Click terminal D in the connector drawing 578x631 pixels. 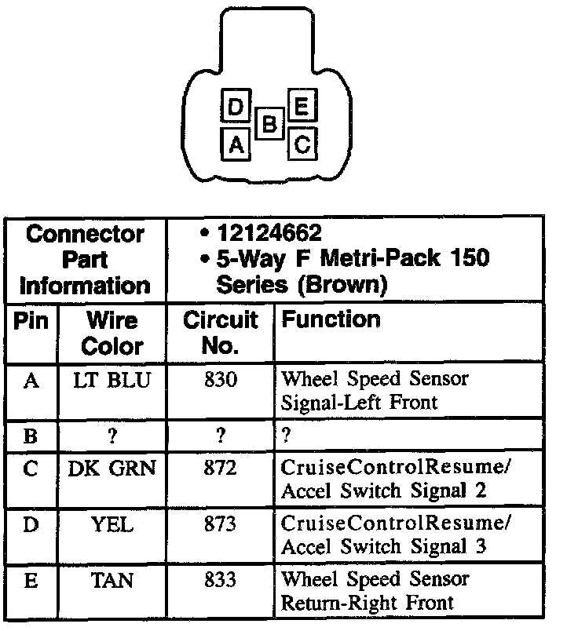click(x=234, y=108)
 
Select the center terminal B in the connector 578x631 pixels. click(x=269, y=124)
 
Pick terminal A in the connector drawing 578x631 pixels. click(x=236, y=144)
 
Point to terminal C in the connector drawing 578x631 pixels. click(x=303, y=144)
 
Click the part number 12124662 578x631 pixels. click(x=270, y=233)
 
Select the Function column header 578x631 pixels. click(x=331, y=319)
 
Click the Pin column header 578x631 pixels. click(x=31, y=320)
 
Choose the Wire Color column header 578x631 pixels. click(x=112, y=333)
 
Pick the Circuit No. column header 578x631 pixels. click(x=220, y=333)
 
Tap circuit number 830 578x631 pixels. click(x=220, y=380)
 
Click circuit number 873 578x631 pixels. click(x=220, y=524)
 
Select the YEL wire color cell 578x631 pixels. click(x=112, y=524)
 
